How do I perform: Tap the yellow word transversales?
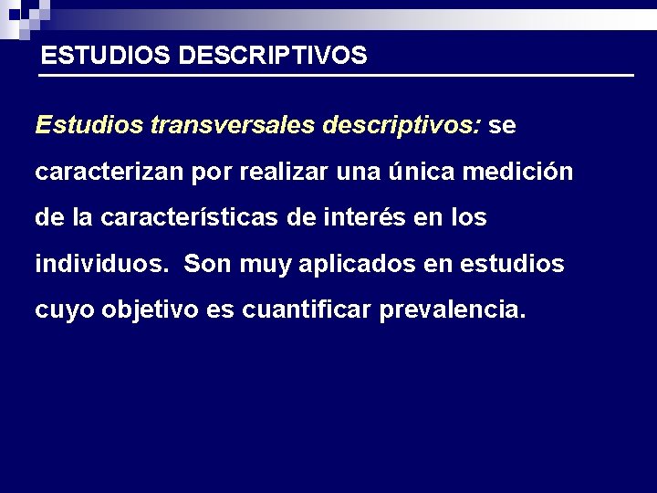(x=232, y=125)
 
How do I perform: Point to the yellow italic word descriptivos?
(x=401, y=125)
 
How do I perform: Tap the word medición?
(x=522, y=172)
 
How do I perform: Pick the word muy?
(x=260, y=266)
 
